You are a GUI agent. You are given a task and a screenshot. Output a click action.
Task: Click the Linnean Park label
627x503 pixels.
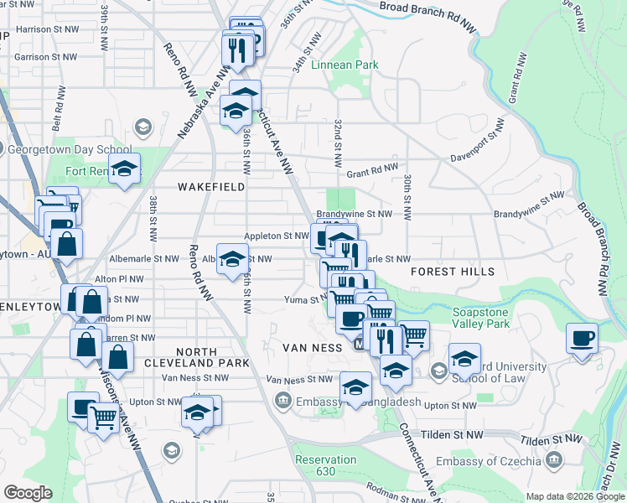(345, 65)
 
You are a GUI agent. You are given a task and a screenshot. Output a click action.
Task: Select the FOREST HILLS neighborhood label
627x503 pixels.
(452, 272)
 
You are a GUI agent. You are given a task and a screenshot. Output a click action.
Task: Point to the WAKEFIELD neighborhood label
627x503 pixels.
(211, 187)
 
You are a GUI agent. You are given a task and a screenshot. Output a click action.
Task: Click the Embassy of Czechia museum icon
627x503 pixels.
(553, 459)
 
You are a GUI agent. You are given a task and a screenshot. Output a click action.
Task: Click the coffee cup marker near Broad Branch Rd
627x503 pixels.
(582, 340)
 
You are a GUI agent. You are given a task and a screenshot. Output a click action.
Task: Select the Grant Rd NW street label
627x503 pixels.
(371, 169)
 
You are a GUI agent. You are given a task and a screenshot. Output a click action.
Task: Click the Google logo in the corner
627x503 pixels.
(28, 493)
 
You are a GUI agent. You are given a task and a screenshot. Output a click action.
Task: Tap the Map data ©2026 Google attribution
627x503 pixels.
(574, 496)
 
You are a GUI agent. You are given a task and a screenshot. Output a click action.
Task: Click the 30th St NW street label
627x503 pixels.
(406, 198)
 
